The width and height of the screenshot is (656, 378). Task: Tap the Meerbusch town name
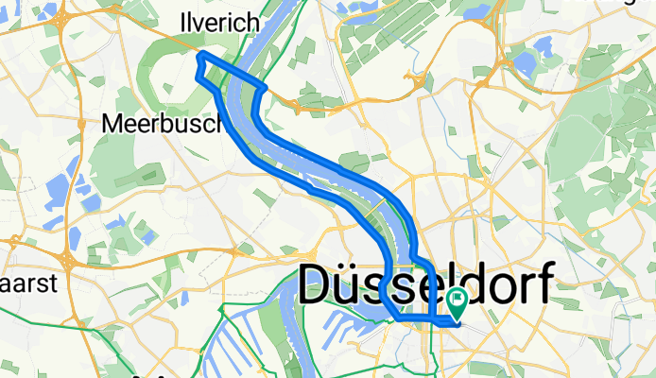[x=162, y=123]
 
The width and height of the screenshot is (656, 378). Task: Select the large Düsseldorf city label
[x=424, y=284]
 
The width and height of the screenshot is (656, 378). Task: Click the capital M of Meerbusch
[x=112, y=123]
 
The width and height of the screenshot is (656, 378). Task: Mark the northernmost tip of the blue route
[x=200, y=57]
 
